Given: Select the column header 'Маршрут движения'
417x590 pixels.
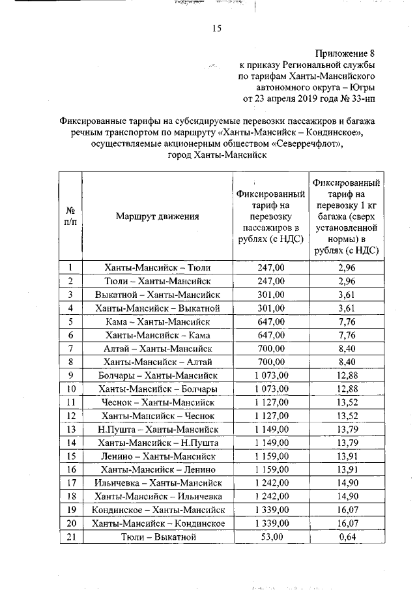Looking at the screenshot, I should pyautogui.click(x=158, y=216).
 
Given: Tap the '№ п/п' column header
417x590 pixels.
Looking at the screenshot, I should pyautogui.click(x=70, y=216).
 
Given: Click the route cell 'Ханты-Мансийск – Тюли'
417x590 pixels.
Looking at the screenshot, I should pyautogui.click(x=158, y=267).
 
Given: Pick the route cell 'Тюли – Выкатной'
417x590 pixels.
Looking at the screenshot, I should pyautogui.click(x=158, y=537).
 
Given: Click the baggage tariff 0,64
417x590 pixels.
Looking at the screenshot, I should pyautogui.click(x=345, y=537).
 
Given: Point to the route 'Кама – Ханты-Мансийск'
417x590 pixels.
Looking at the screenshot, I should pyautogui.click(x=158, y=321).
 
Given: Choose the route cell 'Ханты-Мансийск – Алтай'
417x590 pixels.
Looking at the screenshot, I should pyautogui.click(x=158, y=362).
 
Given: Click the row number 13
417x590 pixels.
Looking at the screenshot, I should pyautogui.click(x=70, y=430).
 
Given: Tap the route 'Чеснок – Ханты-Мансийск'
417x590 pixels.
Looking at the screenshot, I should pyautogui.click(x=158, y=402).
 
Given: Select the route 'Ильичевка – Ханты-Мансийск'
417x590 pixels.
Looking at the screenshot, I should pyautogui.click(x=158, y=483).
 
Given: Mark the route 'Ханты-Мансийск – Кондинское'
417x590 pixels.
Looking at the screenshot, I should pyautogui.click(x=158, y=524).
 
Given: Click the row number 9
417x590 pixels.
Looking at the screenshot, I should pyautogui.click(x=70, y=376).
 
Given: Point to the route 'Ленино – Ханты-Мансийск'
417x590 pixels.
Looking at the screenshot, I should pyautogui.click(x=158, y=456).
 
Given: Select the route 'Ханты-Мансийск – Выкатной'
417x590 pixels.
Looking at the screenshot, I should pyautogui.click(x=158, y=308).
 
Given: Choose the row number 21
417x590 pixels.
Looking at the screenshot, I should pyautogui.click(x=70, y=537).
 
